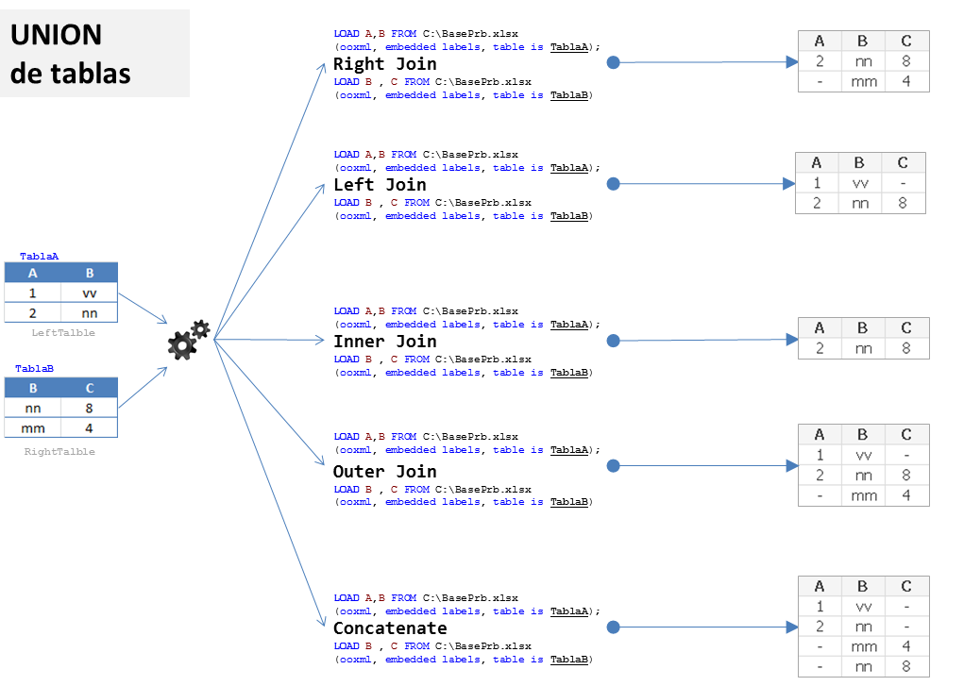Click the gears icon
pyautogui.click(x=188, y=340)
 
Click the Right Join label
pyautogui.click(x=384, y=64)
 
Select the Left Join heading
pyautogui.click(x=380, y=185)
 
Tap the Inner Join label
pyautogui.click(x=384, y=342)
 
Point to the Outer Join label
pyautogui.click(x=384, y=472)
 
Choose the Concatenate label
pyautogui.click(x=390, y=628)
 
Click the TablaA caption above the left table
pyautogui.click(x=40, y=257)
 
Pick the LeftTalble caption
pyautogui.click(x=63, y=333)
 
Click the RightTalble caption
pyautogui.click(x=59, y=452)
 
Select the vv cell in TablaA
pyautogui.click(x=90, y=293)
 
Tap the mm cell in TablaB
pyautogui.click(x=33, y=427)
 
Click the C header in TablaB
pyautogui.click(x=90, y=388)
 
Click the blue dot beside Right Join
pyautogui.click(x=613, y=63)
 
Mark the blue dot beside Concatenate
pyautogui.click(x=613, y=627)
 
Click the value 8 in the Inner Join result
pyautogui.click(x=906, y=348)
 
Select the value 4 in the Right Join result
pyautogui.click(x=906, y=82)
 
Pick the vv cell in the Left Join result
pyautogui.click(x=860, y=183)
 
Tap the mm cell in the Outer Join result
pyautogui.click(x=863, y=495)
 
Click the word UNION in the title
pyautogui.click(x=56, y=36)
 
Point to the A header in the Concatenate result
pyautogui.click(x=820, y=585)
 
